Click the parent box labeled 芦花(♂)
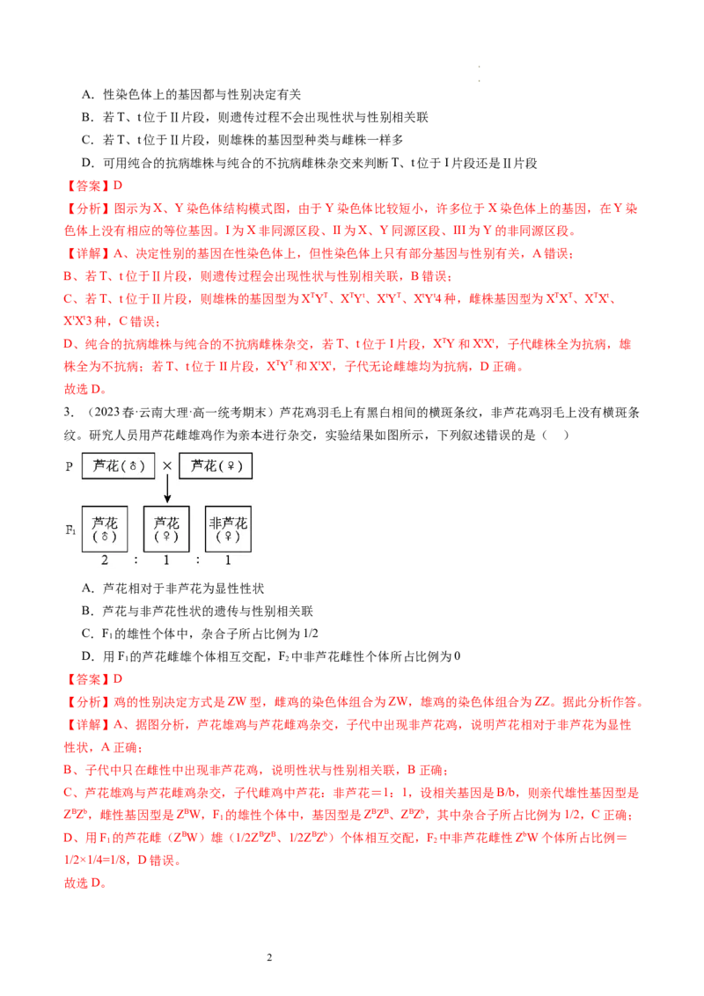coord(118,465)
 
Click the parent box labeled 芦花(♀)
coord(216,465)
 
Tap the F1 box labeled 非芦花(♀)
coord(228,529)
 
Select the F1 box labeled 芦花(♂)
coord(105,529)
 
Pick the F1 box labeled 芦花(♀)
coord(166,529)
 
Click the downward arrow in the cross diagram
coord(167,489)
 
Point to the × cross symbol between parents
coord(167,465)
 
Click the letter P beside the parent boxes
coord(70,466)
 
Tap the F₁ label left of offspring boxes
coord(70,530)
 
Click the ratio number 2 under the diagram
coord(105,560)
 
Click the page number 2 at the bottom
coord(269,957)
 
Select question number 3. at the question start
coord(69,413)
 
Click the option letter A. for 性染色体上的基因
coord(88,95)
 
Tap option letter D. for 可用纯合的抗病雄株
coord(88,164)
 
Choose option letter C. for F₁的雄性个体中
coord(88,633)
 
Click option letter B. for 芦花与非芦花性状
coord(88,612)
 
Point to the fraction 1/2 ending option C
coord(310,633)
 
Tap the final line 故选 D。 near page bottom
coord(84,882)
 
